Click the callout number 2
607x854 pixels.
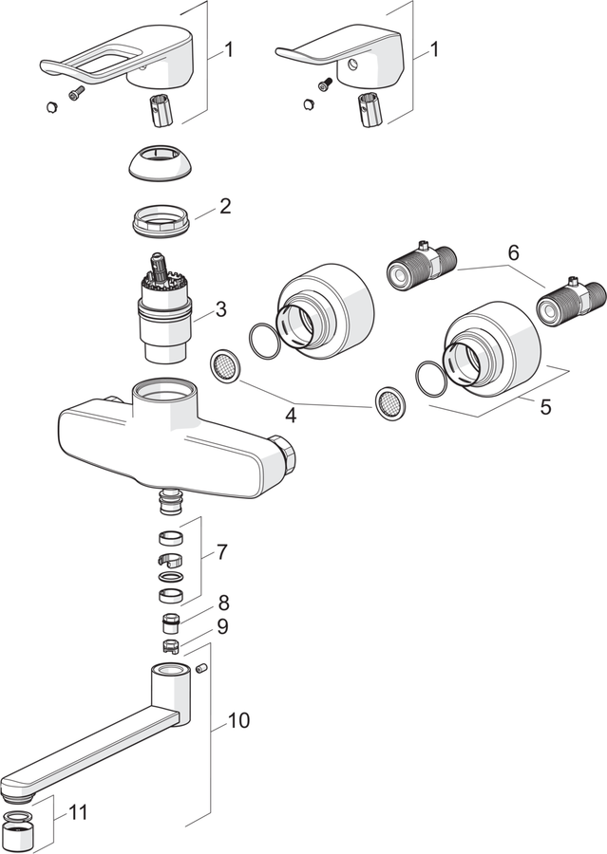tap(225, 207)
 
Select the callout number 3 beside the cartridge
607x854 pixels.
tap(220, 309)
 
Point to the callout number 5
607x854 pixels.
tap(545, 407)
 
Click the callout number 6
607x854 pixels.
tap(513, 252)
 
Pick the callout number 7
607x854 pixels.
tap(221, 552)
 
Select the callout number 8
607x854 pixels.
tap(223, 603)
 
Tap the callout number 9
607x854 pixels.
tap(222, 627)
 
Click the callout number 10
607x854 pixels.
tap(238, 720)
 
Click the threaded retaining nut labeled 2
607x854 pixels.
tap(161, 219)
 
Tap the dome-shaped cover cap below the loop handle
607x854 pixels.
tap(161, 162)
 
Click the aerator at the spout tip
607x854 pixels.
tap(19, 831)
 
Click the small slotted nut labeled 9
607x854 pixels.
tap(171, 646)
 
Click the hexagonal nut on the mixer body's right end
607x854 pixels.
tap(286, 453)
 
